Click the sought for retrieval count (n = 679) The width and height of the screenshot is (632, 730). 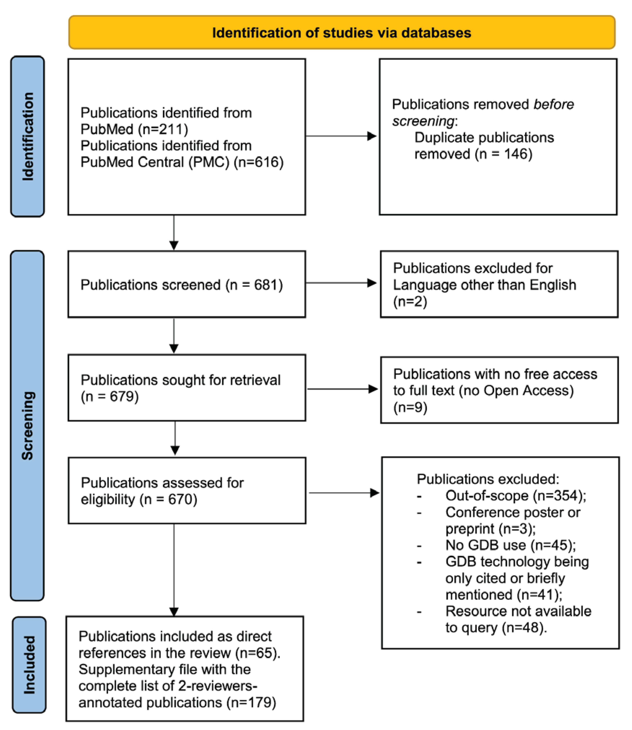pyautogui.click(x=110, y=397)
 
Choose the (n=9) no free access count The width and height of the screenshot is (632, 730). pyautogui.click(x=410, y=408)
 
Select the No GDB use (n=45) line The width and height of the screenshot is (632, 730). pyautogui.click(x=510, y=545)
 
